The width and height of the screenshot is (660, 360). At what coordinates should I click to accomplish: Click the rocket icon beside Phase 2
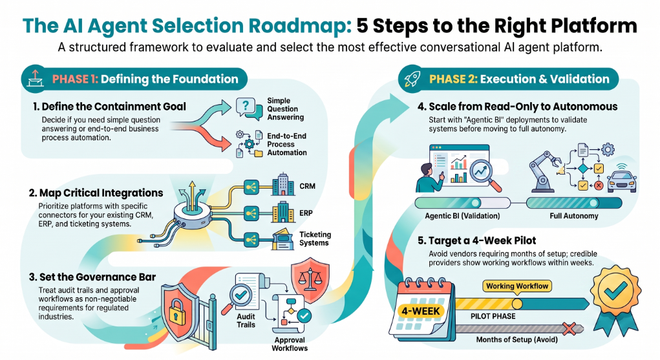point(412,79)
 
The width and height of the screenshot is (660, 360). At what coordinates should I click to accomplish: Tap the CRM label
point(307,186)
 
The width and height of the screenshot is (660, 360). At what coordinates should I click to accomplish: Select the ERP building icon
point(283,212)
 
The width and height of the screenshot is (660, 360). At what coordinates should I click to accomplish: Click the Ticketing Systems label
point(315,238)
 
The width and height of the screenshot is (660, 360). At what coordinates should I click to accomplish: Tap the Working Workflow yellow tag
point(517,286)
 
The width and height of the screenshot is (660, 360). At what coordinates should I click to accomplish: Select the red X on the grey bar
point(569,328)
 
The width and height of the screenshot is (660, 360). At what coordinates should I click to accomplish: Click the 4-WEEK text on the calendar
point(420,311)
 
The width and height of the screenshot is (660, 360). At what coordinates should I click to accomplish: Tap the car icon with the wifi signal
point(622,178)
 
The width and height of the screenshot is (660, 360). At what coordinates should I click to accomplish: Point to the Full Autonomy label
point(574,216)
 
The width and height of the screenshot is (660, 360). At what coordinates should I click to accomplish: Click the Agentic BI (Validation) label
point(462,216)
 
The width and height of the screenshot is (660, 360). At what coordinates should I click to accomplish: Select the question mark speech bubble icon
point(248,108)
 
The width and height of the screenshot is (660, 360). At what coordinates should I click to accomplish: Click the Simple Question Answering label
point(285,109)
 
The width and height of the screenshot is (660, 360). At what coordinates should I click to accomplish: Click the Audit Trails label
point(246,321)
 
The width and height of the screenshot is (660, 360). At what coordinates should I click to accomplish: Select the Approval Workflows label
point(290,344)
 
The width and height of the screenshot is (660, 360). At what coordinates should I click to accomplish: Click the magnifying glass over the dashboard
point(485,173)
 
